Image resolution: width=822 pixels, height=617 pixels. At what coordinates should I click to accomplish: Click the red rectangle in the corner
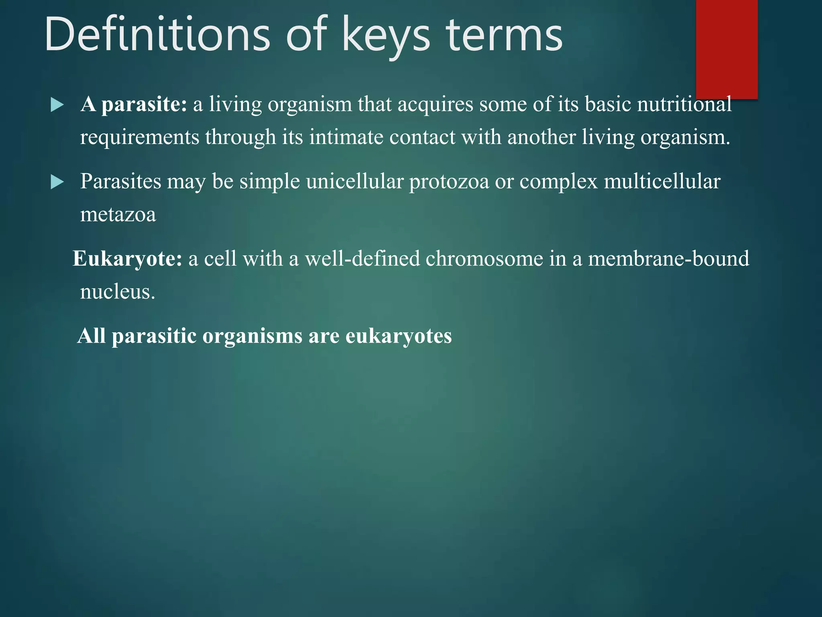click(x=726, y=48)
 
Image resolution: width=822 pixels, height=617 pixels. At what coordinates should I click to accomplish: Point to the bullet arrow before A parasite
click(x=57, y=105)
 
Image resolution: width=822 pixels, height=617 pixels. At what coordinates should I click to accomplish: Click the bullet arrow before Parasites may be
click(x=57, y=182)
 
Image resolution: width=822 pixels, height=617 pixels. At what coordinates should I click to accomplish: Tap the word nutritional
click(x=684, y=104)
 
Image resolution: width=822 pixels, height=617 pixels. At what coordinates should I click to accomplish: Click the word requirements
click(x=140, y=138)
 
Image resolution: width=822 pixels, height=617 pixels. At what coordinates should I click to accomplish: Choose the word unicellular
click(x=354, y=182)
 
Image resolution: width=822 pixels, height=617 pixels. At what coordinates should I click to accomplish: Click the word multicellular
click(x=662, y=182)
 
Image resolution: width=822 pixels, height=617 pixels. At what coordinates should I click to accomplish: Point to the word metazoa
click(x=118, y=215)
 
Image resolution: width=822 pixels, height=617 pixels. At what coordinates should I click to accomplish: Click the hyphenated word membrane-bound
click(x=668, y=259)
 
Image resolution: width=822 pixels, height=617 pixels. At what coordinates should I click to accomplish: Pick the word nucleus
click(x=117, y=292)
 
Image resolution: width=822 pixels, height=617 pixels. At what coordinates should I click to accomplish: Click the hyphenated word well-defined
click(x=362, y=259)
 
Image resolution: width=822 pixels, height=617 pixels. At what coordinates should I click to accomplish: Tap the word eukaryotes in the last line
click(x=399, y=336)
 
